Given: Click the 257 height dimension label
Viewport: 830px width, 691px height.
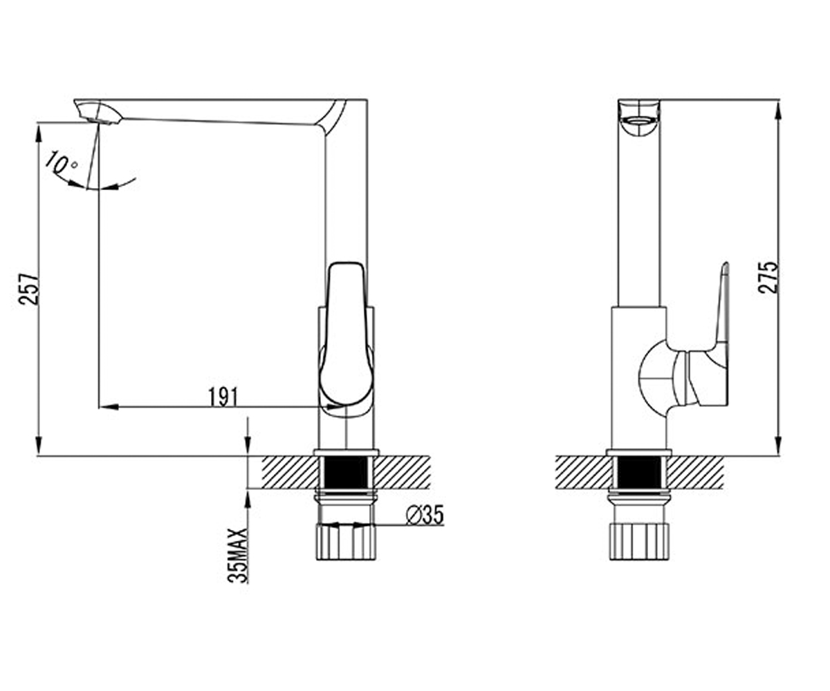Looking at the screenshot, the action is (x=30, y=289).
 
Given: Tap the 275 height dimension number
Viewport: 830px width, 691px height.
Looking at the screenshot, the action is (x=767, y=278).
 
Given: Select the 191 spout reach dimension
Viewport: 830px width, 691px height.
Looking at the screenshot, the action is (x=223, y=397).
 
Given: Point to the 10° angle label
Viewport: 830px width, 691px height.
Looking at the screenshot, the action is (x=60, y=164).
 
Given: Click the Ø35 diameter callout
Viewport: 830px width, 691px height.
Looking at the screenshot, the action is (x=425, y=515).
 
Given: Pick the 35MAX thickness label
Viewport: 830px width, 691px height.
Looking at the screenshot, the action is (x=237, y=555).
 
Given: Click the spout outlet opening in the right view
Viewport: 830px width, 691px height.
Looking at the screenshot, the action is (x=639, y=121).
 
